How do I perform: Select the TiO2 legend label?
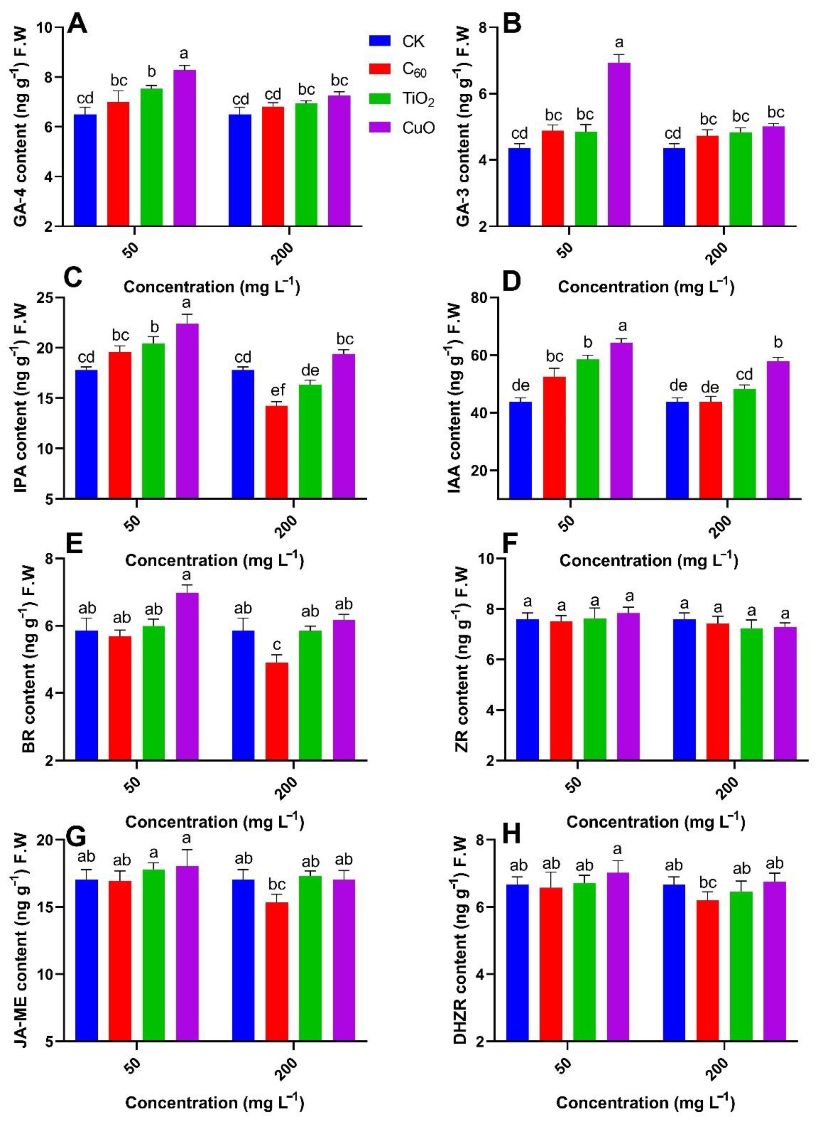pyautogui.click(x=418, y=99)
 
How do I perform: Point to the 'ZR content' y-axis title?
pyautogui.click(x=462, y=659)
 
